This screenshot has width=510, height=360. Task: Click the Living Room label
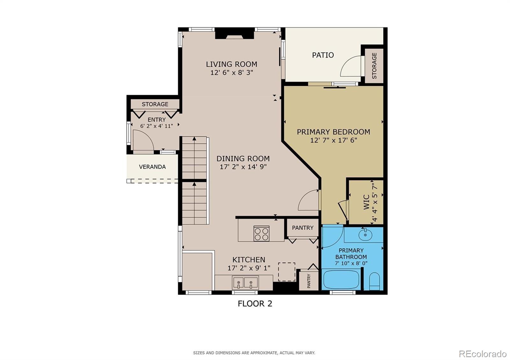coord(231,64)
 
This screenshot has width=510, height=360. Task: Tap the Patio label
coord(323,55)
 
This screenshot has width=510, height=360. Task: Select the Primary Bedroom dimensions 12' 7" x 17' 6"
coord(333,140)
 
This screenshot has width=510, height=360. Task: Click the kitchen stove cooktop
coord(261,234)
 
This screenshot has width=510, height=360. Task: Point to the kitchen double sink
coord(245,283)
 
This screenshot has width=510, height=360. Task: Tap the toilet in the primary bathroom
coord(374,282)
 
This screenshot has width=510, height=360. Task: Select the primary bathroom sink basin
coord(365,234)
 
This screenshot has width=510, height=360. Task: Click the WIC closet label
coord(366,202)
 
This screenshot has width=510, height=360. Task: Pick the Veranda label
coord(152,167)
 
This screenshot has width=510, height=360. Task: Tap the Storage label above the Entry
coord(155,104)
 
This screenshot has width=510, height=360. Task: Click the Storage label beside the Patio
coord(374,66)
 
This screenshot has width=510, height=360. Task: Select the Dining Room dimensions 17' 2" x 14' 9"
coord(243,167)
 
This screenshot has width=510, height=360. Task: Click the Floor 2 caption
coord(255,304)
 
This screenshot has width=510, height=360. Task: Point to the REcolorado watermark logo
coord(483,354)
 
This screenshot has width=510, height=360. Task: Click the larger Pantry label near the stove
coord(303,228)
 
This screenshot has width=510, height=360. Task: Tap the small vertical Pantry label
coord(309,281)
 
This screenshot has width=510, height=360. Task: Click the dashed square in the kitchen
coord(287,272)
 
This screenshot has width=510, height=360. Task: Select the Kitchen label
coord(249,260)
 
